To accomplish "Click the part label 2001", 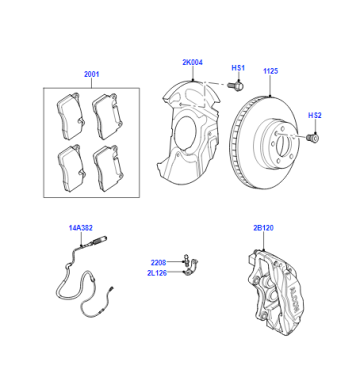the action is click(91, 74).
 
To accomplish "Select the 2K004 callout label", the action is click(192, 62).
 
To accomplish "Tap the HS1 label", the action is click(238, 68).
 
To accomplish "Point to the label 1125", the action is click(270, 71).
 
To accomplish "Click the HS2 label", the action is click(314, 115).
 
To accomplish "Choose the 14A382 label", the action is click(81, 228).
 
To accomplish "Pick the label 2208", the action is click(158, 263).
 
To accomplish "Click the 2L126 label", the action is click(157, 273).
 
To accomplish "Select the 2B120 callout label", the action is click(263, 228).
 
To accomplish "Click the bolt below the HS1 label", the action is click(236, 85).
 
